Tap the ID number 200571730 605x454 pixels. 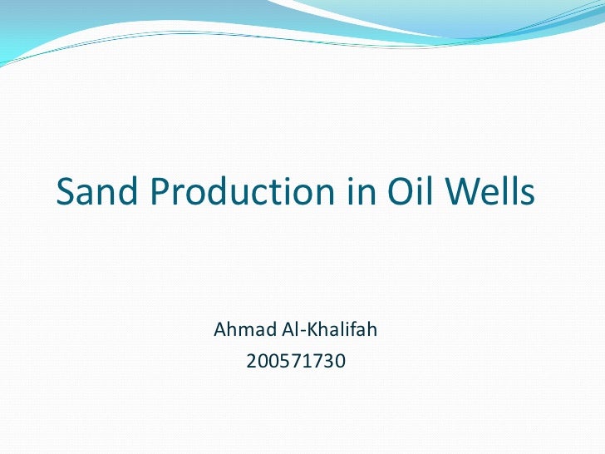296,362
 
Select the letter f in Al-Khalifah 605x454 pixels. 351,330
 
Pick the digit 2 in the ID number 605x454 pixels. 253,362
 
